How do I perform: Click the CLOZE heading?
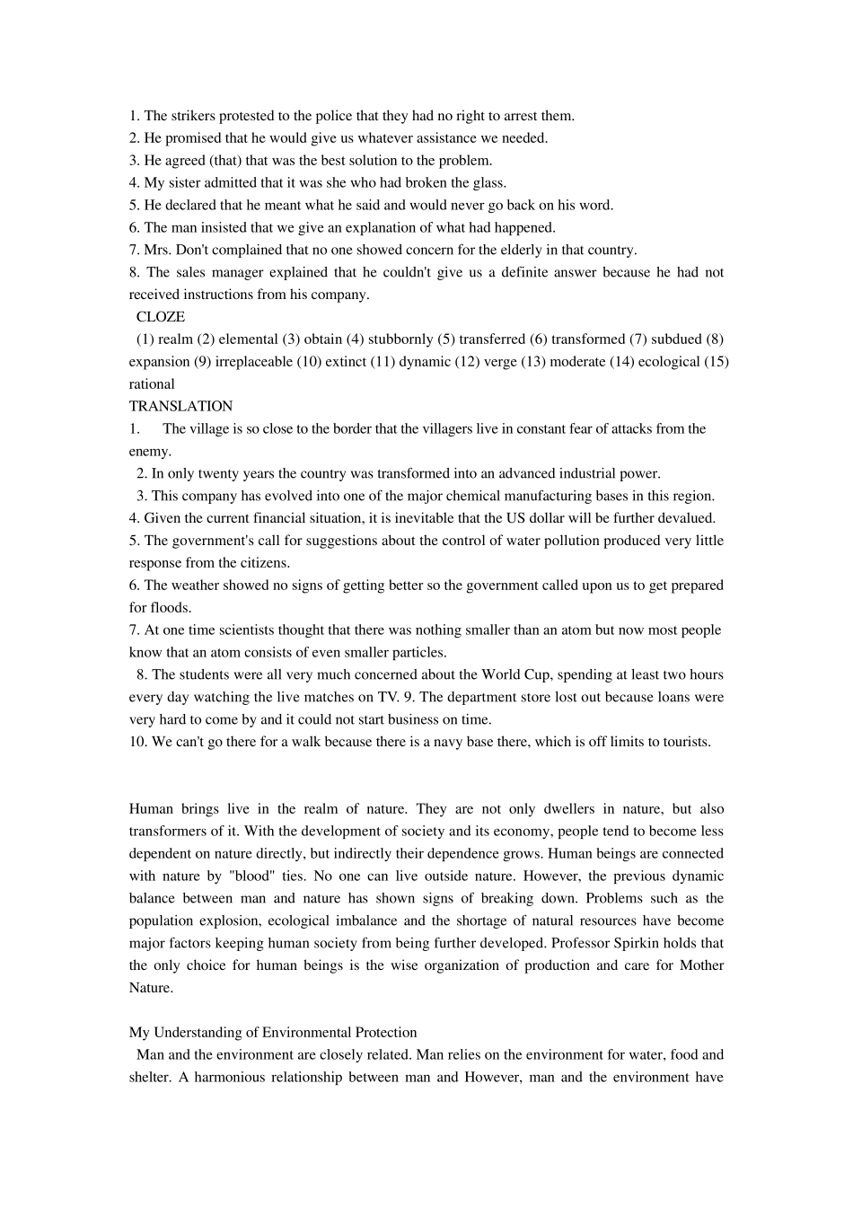click(161, 317)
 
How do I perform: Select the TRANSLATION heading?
click(180, 407)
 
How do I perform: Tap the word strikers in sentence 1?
click(194, 116)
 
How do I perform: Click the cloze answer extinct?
click(346, 362)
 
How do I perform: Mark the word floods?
click(171, 608)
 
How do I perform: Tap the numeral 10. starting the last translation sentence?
click(138, 742)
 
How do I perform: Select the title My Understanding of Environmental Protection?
click(273, 1033)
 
